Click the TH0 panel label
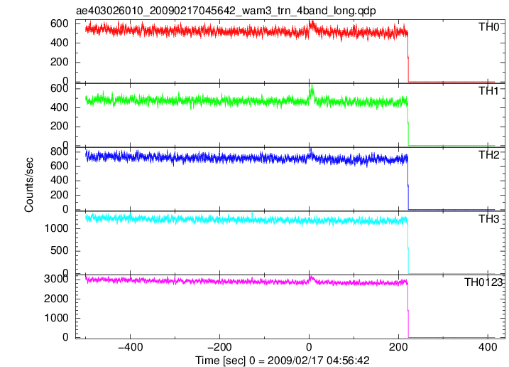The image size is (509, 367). click(489, 27)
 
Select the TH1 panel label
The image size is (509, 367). click(489, 91)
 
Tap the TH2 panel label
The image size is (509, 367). click(489, 155)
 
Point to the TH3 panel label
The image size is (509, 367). click(489, 219)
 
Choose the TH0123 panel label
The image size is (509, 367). click(483, 282)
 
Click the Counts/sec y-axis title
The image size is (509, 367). click(29, 185)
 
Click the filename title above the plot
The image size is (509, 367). click(226, 11)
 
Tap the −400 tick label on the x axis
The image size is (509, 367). click(131, 348)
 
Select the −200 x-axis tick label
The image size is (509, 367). click(220, 348)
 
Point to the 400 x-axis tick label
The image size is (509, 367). click(488, 348)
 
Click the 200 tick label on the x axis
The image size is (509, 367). click(398, 348)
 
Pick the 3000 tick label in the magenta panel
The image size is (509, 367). click(57, 279)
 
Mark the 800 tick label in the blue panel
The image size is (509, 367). click(60, 152)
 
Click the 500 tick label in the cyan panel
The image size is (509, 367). click(60, 251)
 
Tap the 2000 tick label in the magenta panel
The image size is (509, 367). click(57, 299)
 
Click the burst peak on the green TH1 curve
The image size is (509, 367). click(312, 85)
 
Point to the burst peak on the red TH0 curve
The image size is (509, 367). click(312, 22)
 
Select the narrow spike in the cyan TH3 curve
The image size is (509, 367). click(252, 213)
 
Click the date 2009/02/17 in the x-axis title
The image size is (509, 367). click(295, 361)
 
